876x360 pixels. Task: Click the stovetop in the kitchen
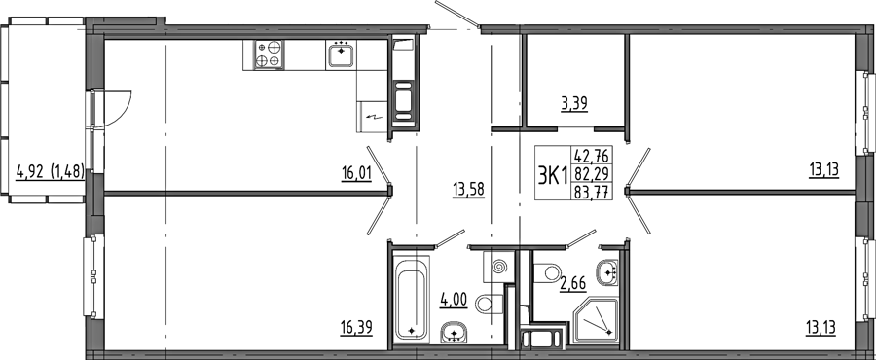click(x=270, y=54)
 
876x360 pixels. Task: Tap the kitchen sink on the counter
click(x=341, y=54)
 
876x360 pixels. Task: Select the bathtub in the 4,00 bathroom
click(x=412, y=298)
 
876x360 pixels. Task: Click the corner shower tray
click(x=596, y=320)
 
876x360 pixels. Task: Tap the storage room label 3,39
click(x=574, y=104)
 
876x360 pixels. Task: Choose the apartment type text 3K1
click(x=553, y=175)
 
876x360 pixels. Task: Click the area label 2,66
click(x=572, y=284)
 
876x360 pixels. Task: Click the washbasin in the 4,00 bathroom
click(x=455, y=332)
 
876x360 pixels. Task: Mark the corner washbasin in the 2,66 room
click(x=607, y=272)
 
